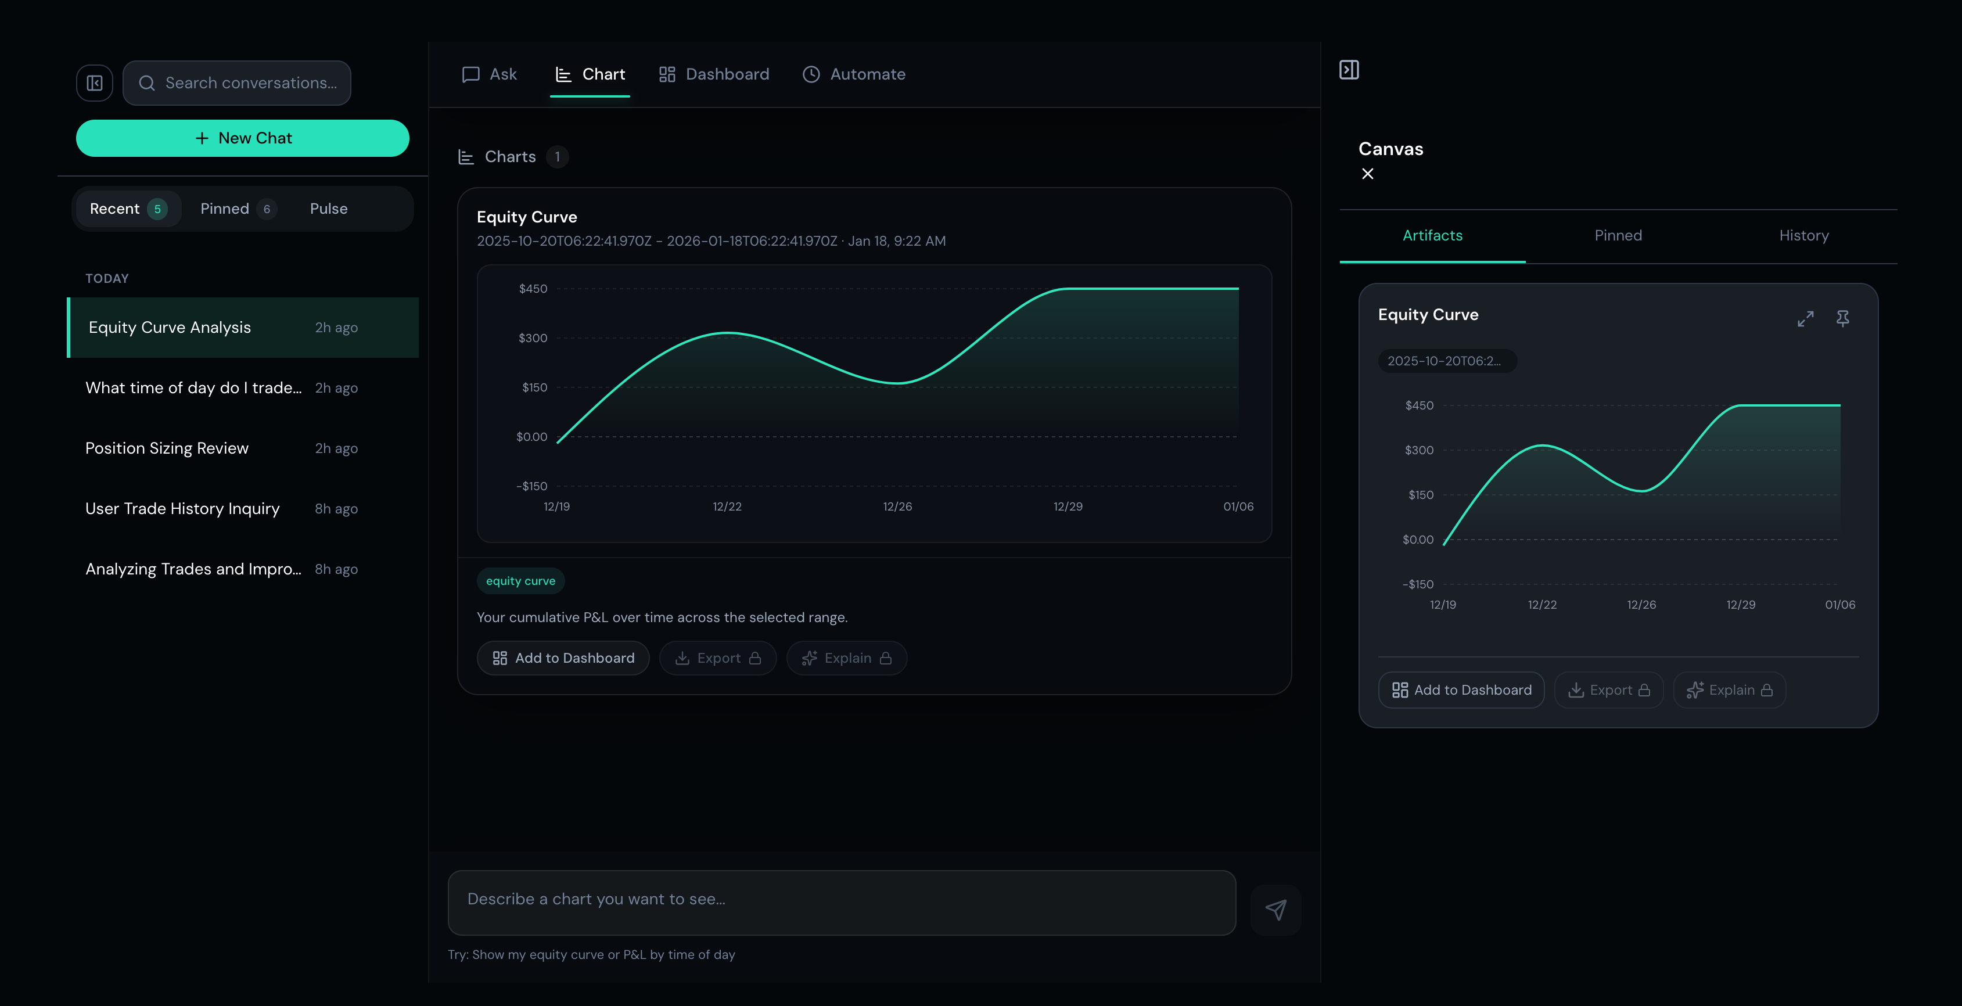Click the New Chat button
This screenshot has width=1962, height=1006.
[242, 138]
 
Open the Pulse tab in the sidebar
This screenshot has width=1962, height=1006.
[328, 209]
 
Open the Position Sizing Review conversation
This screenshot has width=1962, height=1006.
[167, 448]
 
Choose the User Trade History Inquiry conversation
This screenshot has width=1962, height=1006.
[182, 509]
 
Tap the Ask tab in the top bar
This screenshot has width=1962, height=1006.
[490, 74]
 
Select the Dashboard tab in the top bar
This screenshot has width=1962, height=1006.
[714, 74]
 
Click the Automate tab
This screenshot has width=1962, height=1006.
[854, 74]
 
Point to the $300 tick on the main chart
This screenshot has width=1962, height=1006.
[533, 338]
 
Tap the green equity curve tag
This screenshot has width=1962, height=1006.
[520, 581]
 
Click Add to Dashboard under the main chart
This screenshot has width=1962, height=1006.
[563, 658]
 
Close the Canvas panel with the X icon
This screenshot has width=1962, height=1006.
[1368, 174]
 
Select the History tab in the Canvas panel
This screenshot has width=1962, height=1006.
[1803, 236]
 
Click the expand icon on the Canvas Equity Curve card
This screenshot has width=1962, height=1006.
[1805, 319]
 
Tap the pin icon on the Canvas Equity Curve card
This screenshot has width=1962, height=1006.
[1842, 318]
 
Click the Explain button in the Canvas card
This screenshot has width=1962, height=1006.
[1729, 690]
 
